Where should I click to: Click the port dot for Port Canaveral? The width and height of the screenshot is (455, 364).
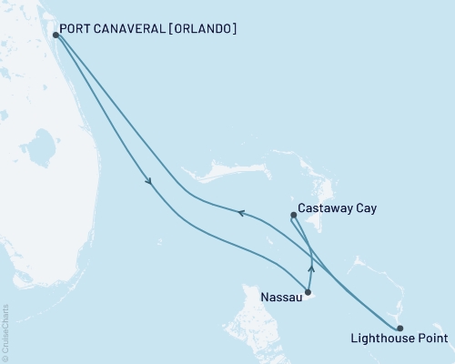tap(56, 35)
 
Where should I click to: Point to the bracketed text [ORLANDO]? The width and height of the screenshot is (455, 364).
tap(204, 29)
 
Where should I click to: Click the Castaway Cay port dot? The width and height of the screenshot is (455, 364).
tap(293, 216)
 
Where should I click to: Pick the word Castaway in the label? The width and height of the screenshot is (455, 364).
tap(327, 208)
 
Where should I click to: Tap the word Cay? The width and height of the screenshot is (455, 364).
tap(366, 208)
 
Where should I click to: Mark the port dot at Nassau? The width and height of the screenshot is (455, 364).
tap(308, 292)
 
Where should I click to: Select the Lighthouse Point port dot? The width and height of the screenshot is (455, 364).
tap(400, 329)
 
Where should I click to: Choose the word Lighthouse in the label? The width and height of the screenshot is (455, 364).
tap(381, 340)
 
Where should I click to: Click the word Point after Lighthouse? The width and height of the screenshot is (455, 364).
tap(430, 340)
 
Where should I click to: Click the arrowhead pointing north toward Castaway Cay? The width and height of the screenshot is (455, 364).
tap(311, 268)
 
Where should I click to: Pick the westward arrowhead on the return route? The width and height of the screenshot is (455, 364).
tap(241, 213)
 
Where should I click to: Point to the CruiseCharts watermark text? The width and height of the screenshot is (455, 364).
tap(6, 331)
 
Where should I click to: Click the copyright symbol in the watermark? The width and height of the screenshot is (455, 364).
tap(6, 359)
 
